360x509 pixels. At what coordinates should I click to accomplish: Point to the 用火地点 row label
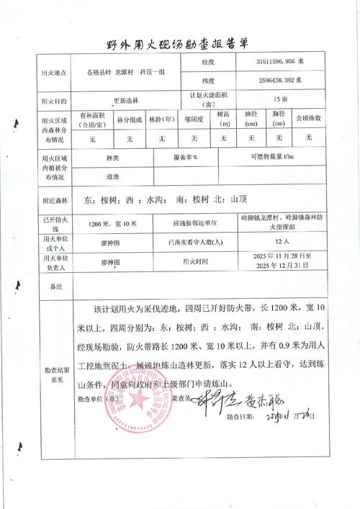tap(55, 73)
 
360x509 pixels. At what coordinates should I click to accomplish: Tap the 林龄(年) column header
tap(163, 118)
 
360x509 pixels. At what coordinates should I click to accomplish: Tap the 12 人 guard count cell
tap(282, 243)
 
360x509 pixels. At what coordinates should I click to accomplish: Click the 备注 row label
tap(55, 286)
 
